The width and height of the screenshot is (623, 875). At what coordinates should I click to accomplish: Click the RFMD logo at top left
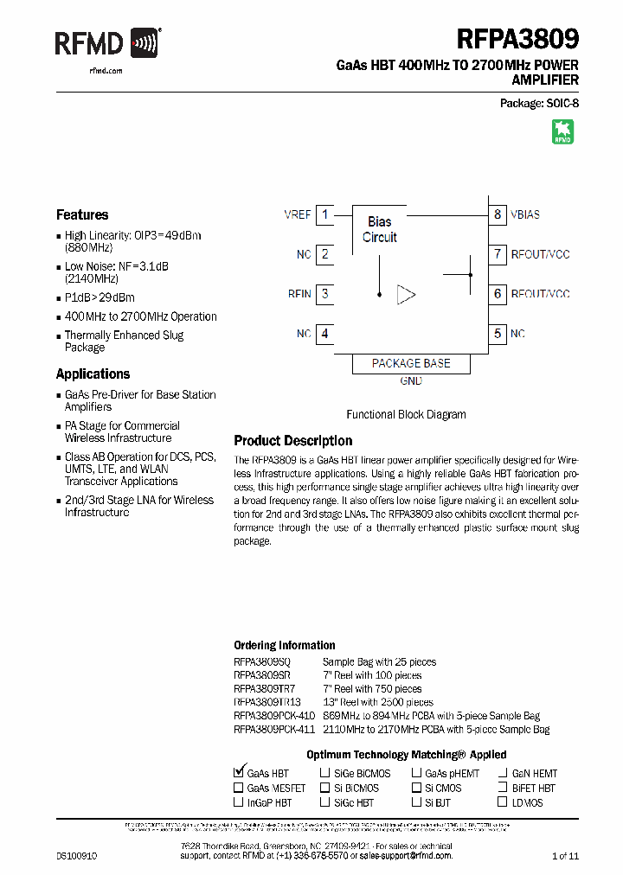tap(107, 42)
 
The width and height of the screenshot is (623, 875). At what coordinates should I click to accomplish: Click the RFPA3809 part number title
tap(517, 39)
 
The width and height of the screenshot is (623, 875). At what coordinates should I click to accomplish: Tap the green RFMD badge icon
tap(563, 131)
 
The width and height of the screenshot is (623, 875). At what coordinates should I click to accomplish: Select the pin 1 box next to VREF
tap(324, 214)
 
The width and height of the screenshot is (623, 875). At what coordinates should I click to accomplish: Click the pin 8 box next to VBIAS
tap(498, 214)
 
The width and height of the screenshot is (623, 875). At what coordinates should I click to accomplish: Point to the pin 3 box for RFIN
tap(324, 294)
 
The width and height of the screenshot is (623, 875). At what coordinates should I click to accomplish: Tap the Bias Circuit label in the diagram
tap(380, 229)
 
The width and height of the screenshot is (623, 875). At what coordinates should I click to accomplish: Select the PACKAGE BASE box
tap(411, 364)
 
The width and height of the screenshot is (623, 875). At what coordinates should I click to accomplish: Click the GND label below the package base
tap(411, 381)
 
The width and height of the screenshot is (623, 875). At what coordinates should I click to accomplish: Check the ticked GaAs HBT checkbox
tap(239, 772)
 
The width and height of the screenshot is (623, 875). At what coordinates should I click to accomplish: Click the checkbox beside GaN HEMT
tap(504, 774)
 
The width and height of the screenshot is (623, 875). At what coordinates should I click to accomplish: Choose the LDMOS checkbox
tap(504, 802)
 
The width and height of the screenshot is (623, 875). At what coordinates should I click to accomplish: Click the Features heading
tap(82, 215)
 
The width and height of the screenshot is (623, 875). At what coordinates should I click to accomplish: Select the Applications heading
tap(93, 374)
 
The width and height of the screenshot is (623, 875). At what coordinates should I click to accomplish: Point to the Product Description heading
tap(293, 441)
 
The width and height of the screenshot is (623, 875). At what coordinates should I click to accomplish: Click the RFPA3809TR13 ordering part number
tap(267, 703)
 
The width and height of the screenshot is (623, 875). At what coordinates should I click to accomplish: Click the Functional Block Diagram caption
tap(406, 415)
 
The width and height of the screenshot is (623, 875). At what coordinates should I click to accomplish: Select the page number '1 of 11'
tap(564, 855)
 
